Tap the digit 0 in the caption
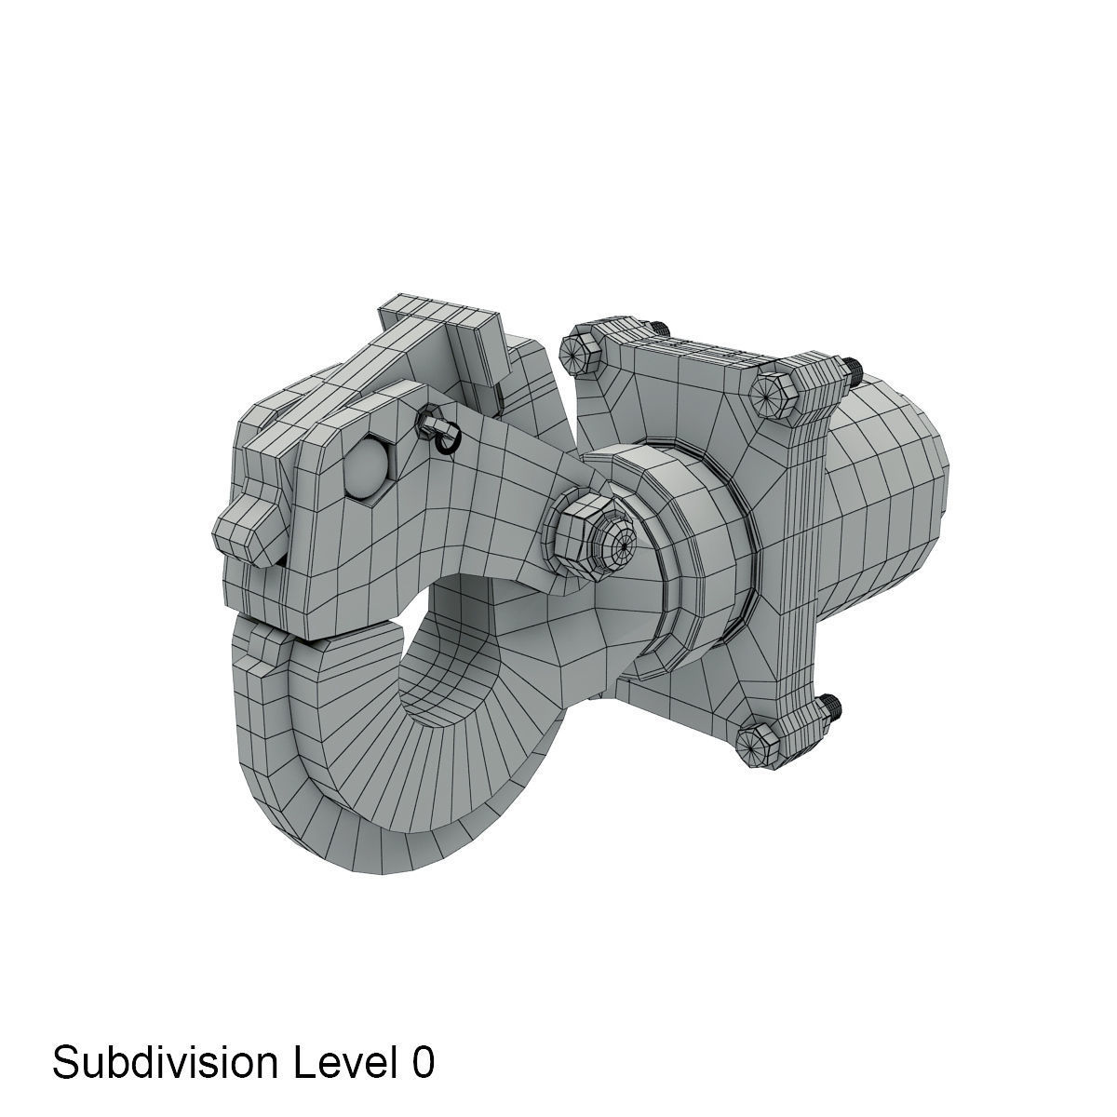click(x=421, y=1062)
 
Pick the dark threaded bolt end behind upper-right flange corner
click(x=852, y=370)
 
